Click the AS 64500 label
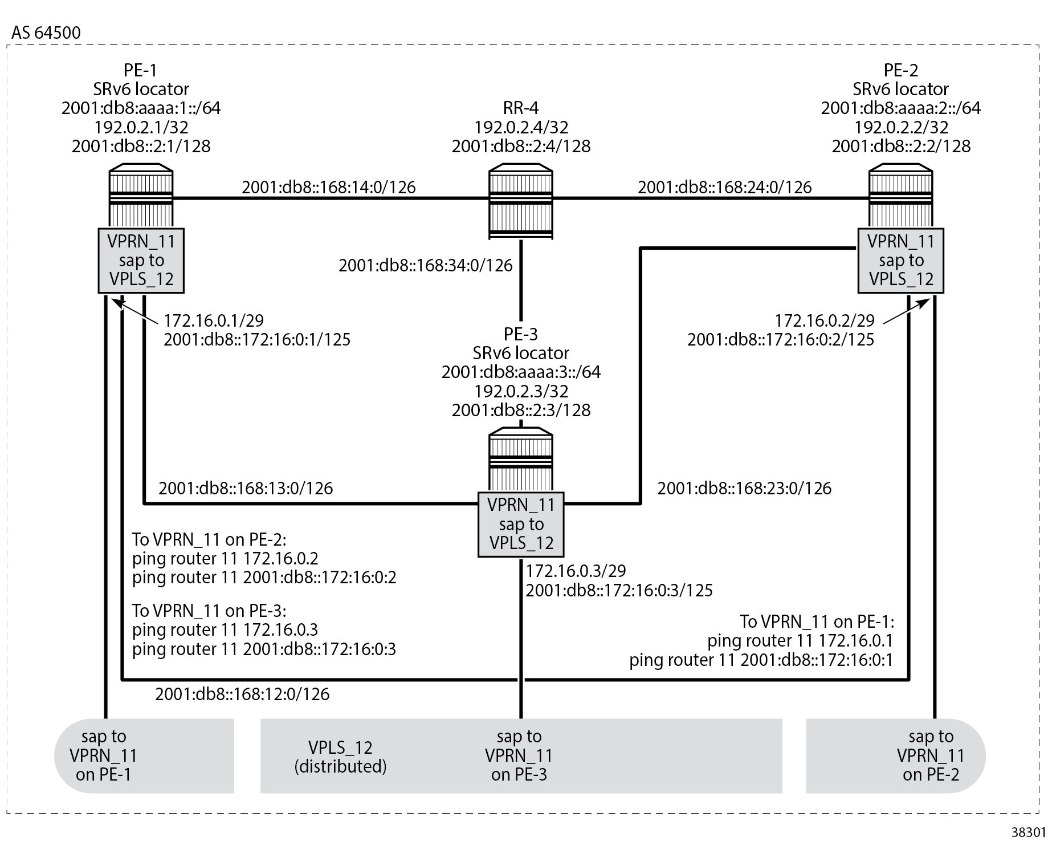[x=46, y=32]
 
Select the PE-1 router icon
[x=141, y=197]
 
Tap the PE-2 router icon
[x=900, y=197]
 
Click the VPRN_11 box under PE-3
[x=520, y=524]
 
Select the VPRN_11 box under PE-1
[x=141, y=261]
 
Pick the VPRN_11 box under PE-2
[x=900, y=261]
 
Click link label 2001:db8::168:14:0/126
[x=328, y=187]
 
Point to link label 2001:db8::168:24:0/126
[x=724, y=187]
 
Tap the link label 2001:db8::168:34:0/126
[x=425, y=265]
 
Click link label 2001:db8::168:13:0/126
[x=246, y=488]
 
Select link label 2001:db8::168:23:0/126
[x=744, y=488]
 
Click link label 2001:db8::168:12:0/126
[x=242, y=694]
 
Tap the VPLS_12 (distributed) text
[x=340, y=757]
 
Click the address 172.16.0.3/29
[x=576, y=571]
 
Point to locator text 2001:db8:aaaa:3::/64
[x=521, y=372]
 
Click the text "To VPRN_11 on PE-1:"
[x=817, y=621]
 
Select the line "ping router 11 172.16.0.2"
[x=225, y=558]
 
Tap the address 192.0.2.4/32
[x=521, y=127]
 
